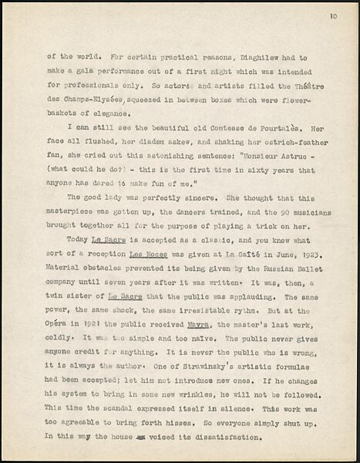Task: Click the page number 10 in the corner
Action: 332,15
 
